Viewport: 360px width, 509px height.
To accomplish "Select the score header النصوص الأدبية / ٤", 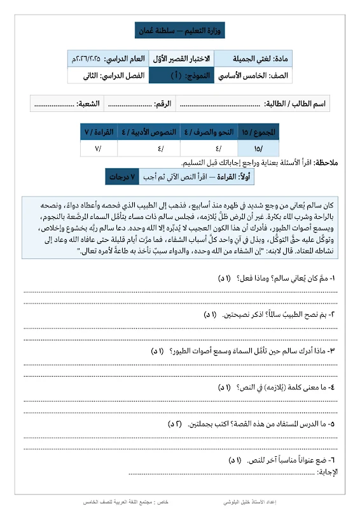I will coord(150,132).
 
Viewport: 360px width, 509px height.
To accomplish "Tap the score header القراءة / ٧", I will coord(99,132).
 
